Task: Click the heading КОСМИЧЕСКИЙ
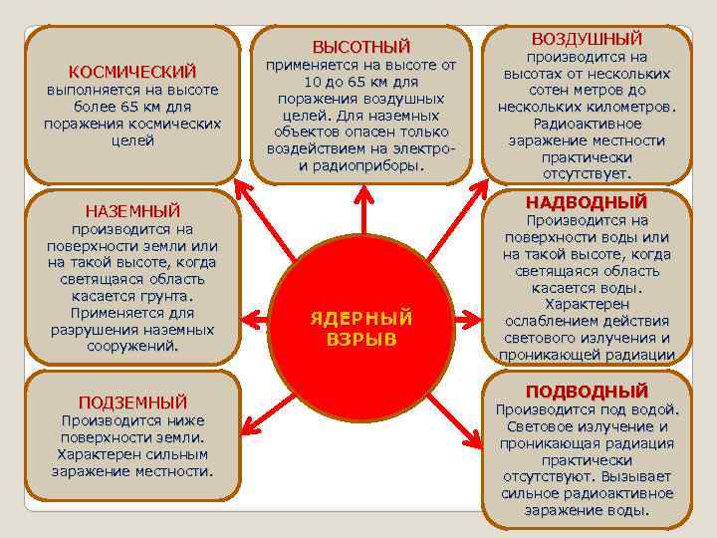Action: [x=132, y=72]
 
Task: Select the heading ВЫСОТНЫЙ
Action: [x=361, y=47]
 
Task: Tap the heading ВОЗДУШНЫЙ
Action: [x=587, y=39]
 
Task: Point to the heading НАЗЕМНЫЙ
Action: [x=132, y=210]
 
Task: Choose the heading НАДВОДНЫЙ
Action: [x=587, y=202]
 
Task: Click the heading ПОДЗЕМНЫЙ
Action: [x=132, y=403]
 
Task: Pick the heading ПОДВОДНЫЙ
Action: [x=587, y=391]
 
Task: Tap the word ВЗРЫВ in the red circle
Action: [x=361, y=339]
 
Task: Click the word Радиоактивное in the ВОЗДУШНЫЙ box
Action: [x=586, y=124]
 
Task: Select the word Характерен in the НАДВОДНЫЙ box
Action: [x=587, y=304]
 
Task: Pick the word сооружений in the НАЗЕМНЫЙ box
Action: [x=130, y=346]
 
